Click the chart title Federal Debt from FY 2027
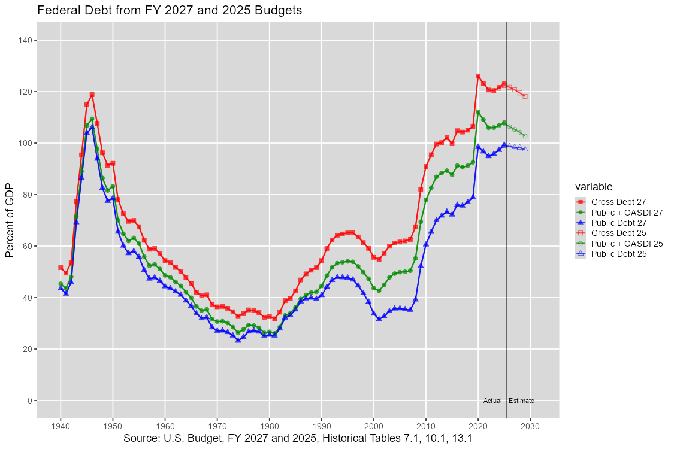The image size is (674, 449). [169, 10]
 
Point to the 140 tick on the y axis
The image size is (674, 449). [27, 40]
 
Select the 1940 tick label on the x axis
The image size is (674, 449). [61, 426]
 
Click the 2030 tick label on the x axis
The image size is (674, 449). [530, 426]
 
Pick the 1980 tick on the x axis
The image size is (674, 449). [269, 426]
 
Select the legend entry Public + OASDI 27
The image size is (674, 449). [627, 212]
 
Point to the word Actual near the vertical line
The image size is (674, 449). [492, 401]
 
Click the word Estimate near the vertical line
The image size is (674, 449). [521, 401]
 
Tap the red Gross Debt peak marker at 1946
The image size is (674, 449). [92, 95]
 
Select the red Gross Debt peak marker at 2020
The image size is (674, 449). [478, 76]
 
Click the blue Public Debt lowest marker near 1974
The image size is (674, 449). [238, 340]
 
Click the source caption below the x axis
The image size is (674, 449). [298, 439]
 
